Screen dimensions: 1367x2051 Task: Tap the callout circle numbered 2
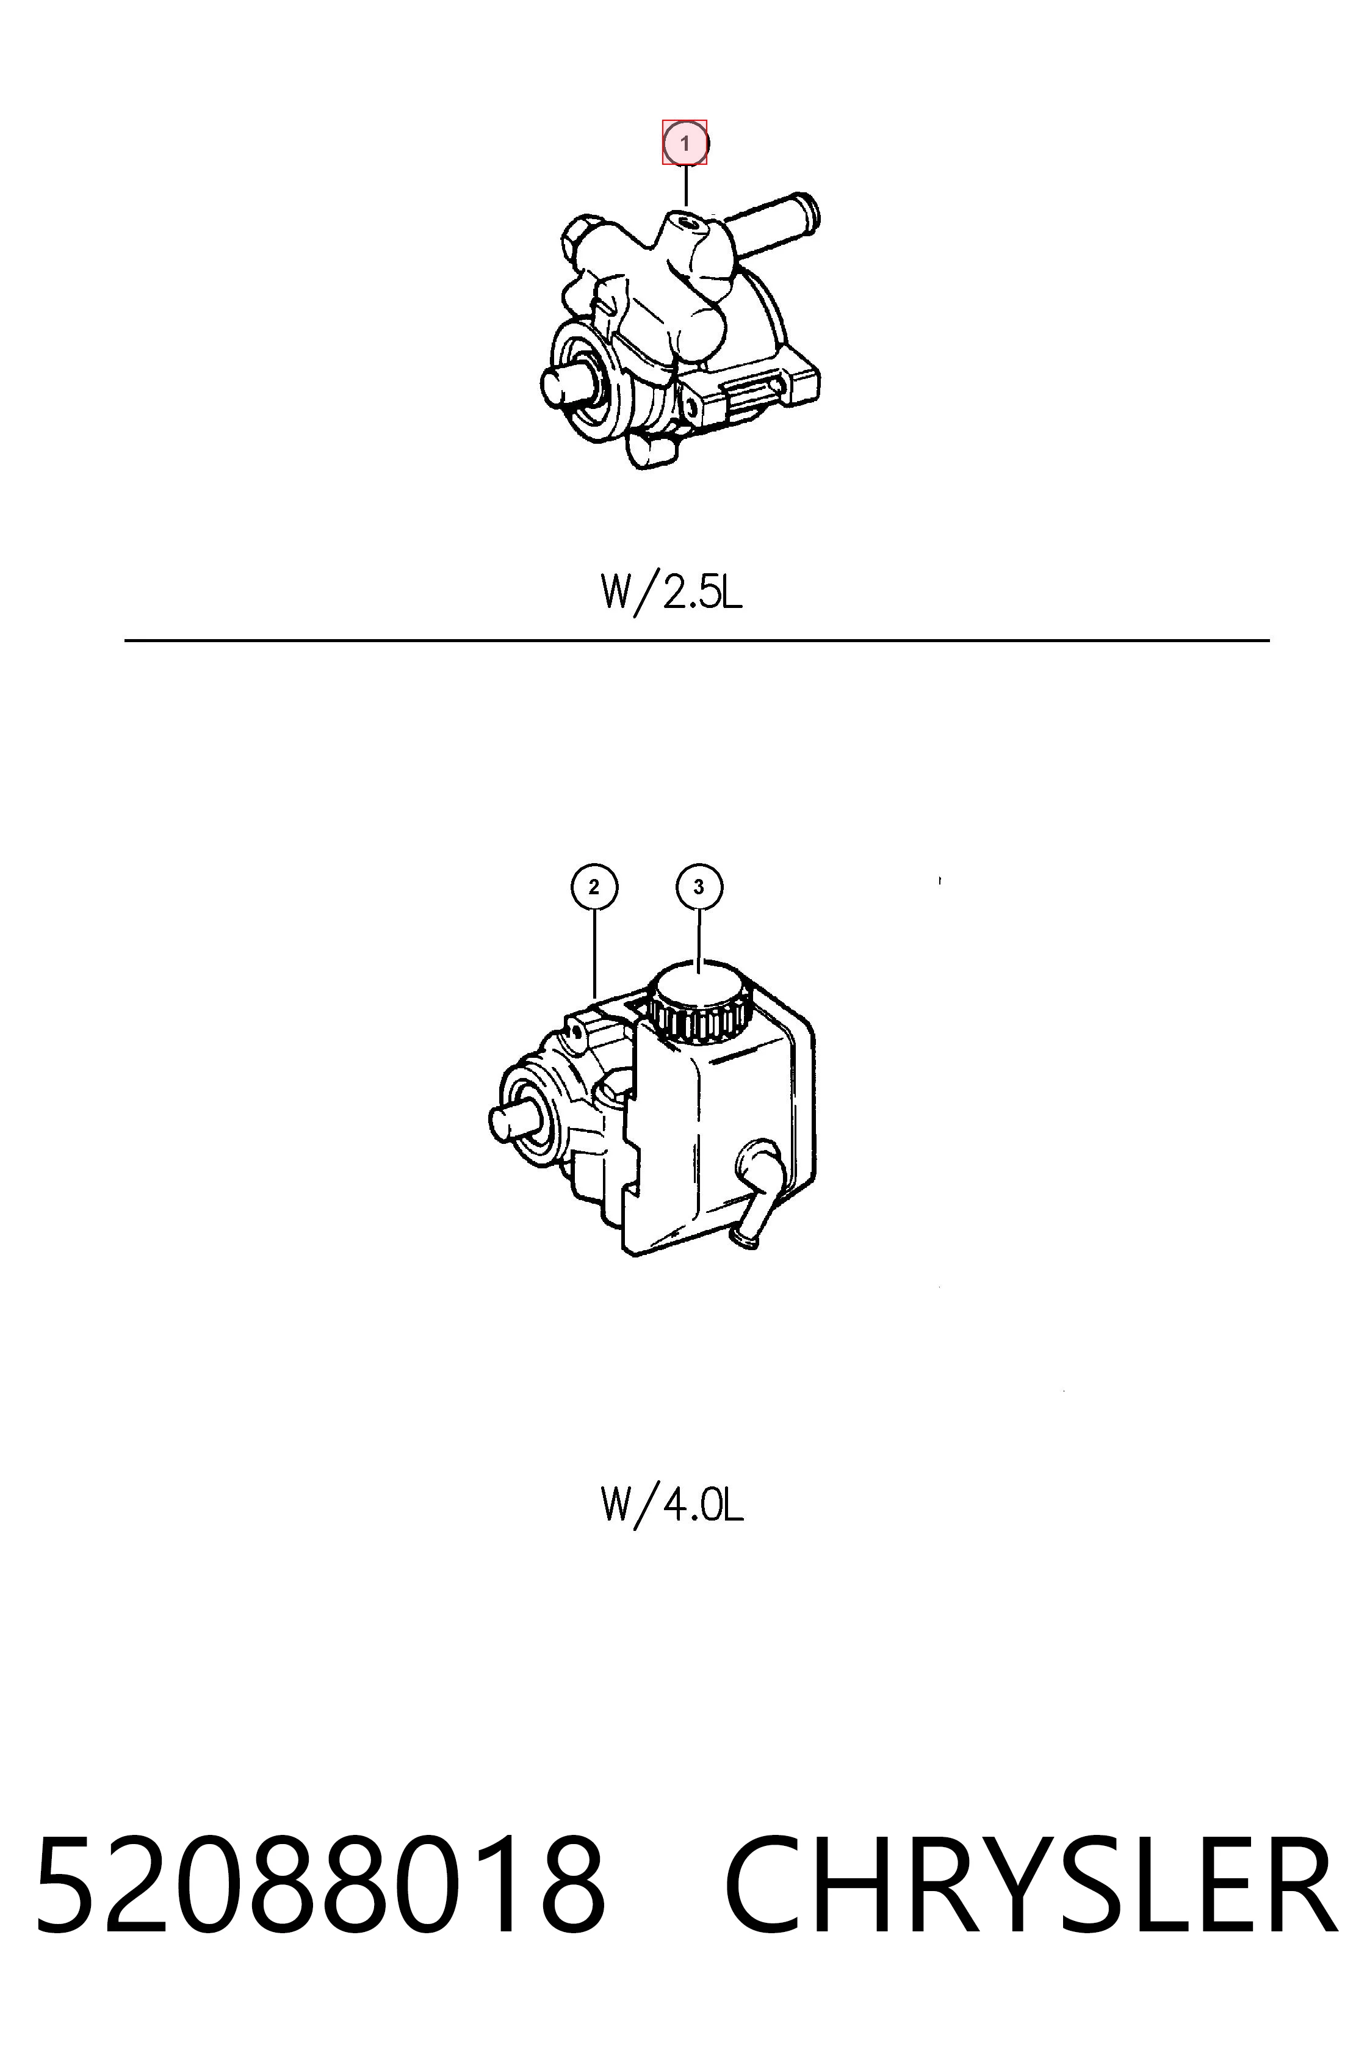594,888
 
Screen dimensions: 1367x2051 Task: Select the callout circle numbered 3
698,888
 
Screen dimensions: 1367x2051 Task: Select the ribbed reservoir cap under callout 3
699,1001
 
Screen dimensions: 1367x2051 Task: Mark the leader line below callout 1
686,186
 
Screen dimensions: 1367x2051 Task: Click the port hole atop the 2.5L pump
690,224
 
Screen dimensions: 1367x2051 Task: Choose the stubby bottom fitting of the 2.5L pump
652,449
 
